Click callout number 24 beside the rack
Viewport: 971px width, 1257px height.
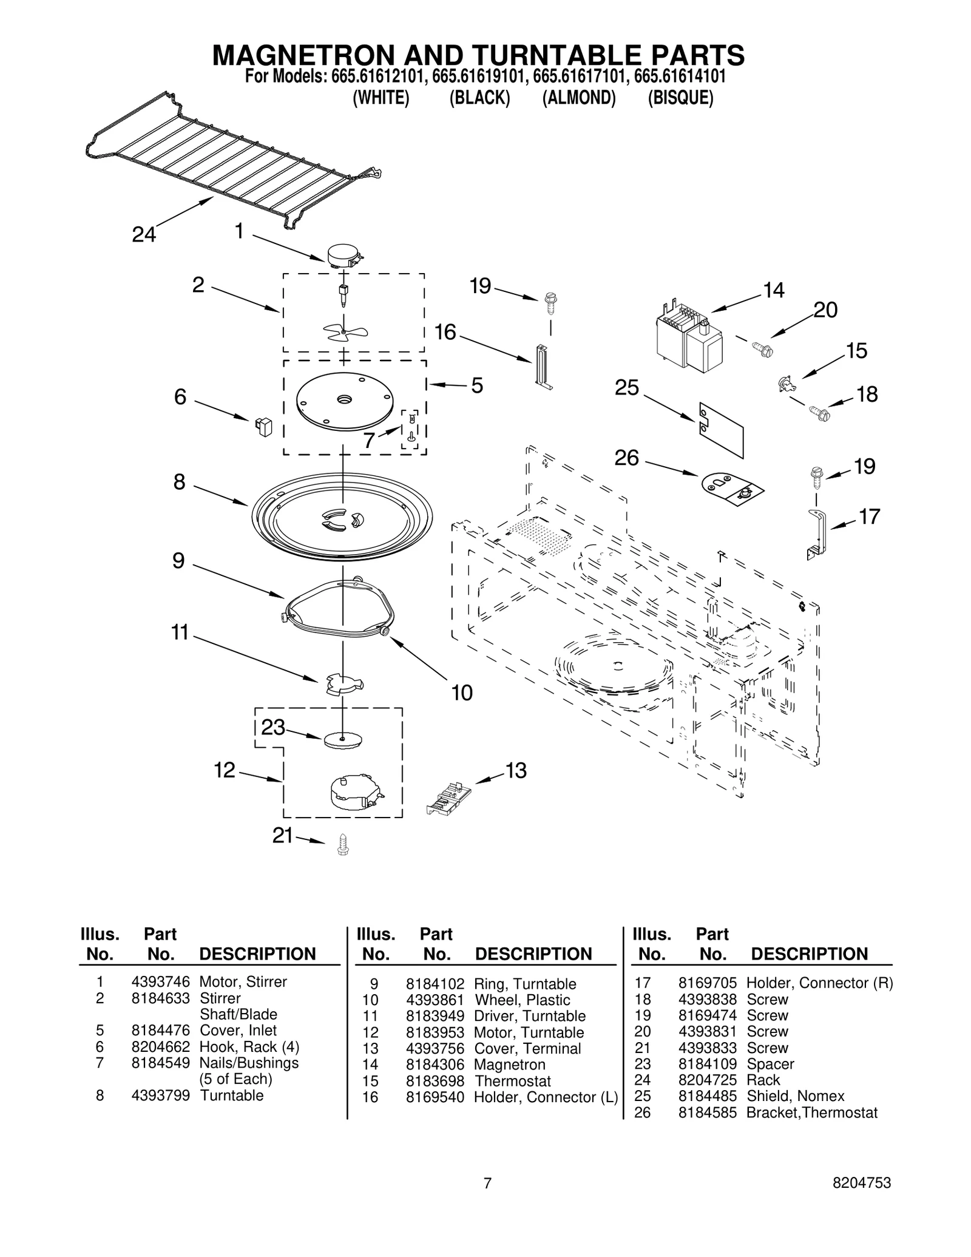pos(144,234)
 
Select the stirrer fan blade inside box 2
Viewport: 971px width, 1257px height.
pos(345,332)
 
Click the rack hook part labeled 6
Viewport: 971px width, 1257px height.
pos(263,426)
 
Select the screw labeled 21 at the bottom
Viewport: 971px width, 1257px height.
pos(342,844)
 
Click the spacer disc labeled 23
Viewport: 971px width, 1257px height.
pos(343,740)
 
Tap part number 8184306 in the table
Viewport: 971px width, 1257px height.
pos(435,1065)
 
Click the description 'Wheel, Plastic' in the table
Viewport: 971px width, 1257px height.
pos(522,1000)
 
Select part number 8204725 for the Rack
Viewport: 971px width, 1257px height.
pos(707,1080)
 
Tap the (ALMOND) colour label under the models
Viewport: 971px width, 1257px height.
pos(578,98)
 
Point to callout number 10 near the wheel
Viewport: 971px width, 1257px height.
pos(462,693)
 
